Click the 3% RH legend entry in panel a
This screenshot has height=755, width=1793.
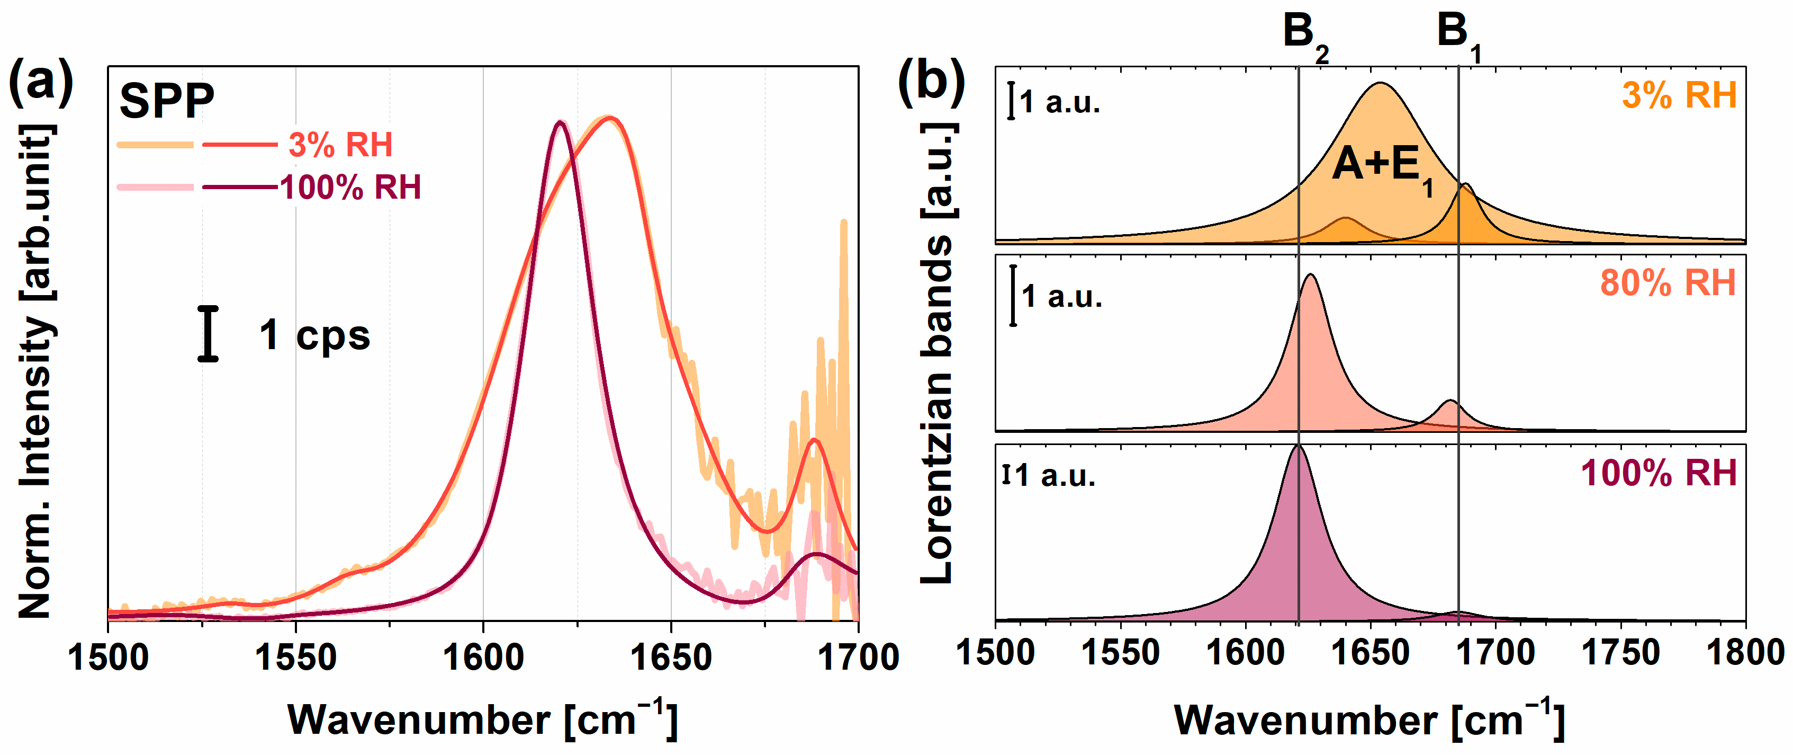click(x=340, y=145)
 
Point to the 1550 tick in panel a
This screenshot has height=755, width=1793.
click(x=296, y=657)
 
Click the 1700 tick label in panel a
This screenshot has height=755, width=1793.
click(x=858, y=657)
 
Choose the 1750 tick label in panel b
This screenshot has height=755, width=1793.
click(x=1620, y=653)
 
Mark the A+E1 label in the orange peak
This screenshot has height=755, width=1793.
click(x=1382, y=167)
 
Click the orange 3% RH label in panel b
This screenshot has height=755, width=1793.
click(x=1679, y=95)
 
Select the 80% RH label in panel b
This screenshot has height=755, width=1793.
click(x=1668, y=283)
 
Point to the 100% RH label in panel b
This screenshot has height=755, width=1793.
click(x=1658, y=473)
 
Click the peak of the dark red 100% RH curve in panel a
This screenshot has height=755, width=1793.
click(x=560, y=122)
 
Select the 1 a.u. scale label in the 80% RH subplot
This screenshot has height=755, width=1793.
click(x=1061, y=297)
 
